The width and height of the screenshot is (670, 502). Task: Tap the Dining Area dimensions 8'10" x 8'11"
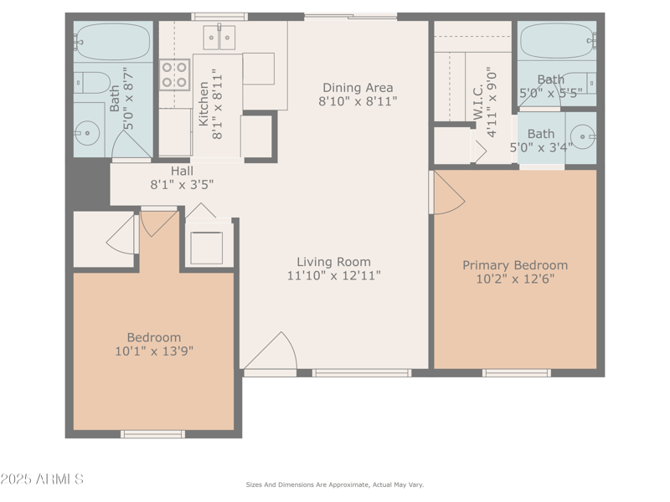358,101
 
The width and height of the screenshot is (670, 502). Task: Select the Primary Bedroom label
515,265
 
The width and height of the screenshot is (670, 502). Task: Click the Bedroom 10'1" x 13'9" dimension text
154,351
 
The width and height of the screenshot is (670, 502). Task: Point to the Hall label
182,171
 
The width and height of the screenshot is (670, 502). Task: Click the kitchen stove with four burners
174,74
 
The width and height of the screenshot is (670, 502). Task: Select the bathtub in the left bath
113,40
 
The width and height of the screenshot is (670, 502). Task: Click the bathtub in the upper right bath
556,39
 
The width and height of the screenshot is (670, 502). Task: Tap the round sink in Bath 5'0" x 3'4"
583,134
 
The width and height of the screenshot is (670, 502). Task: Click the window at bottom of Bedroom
152,433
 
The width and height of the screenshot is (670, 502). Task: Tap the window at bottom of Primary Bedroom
516,372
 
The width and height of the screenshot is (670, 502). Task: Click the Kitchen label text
204,104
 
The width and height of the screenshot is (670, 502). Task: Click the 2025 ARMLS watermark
42,479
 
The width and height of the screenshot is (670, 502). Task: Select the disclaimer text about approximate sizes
334,484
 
